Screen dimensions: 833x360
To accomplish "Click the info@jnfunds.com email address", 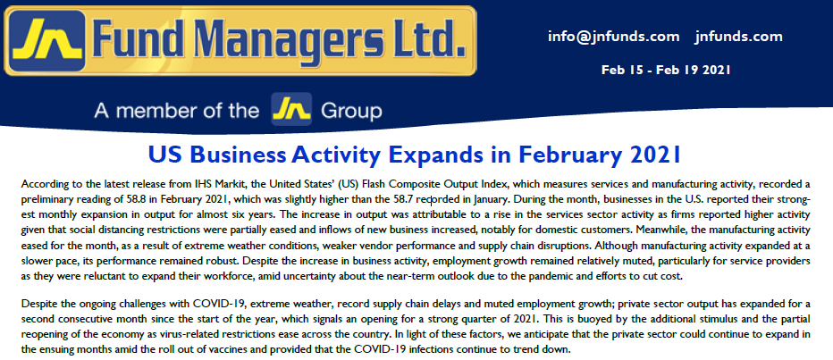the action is [614, 37].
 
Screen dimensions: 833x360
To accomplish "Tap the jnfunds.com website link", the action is [738, 37].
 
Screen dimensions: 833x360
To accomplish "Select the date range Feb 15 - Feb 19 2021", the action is [666, 70].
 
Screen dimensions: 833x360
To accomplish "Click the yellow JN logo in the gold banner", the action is [47, 40].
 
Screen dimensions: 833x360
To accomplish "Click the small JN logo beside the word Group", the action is [291, 109].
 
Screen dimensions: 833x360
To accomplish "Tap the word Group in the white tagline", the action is [351, 112].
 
